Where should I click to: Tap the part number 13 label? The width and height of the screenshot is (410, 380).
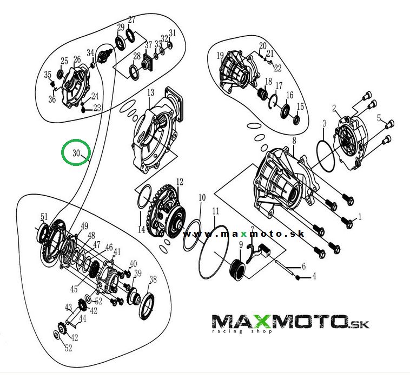150,92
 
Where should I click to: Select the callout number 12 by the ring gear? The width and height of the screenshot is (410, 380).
180,182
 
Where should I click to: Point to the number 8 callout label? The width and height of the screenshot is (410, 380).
294,141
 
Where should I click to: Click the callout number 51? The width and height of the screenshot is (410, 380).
44,217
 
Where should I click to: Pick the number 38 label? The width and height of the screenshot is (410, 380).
153,279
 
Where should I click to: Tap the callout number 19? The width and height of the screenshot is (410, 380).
220,56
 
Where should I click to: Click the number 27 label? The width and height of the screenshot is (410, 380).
132,20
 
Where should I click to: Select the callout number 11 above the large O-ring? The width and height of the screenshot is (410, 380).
215,211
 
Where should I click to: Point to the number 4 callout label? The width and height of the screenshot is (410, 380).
314,276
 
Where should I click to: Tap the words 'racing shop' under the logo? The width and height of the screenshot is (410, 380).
242,331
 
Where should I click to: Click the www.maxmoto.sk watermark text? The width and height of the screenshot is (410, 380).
244,234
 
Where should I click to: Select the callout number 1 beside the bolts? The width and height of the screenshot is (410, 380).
360,217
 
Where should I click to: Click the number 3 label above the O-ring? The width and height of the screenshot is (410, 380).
325,123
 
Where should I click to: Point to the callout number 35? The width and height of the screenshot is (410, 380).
48,75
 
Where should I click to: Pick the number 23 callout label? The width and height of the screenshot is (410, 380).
97,108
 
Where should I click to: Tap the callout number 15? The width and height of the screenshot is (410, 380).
300,106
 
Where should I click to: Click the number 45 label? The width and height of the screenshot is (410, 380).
74,289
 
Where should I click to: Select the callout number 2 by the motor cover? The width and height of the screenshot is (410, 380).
334,108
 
